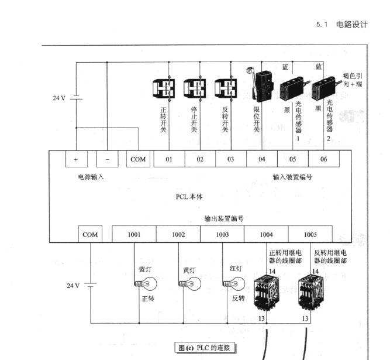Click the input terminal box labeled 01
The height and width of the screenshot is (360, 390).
click(169, 159)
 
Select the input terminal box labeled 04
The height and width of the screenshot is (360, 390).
click(261, 159)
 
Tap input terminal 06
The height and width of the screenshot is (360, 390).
click(323, 159)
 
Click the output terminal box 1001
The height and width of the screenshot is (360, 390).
click(134, 235)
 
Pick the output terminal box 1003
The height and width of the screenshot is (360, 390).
click(222, 235)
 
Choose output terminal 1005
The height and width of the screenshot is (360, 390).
click(310, 235)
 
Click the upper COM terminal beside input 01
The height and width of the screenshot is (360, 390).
click(138, 159)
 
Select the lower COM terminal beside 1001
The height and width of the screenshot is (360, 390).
click(90, 235)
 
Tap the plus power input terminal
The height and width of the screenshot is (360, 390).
click(75, 159)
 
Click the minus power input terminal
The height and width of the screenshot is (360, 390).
click(107, 159)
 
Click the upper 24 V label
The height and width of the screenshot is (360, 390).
click(59, 98)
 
